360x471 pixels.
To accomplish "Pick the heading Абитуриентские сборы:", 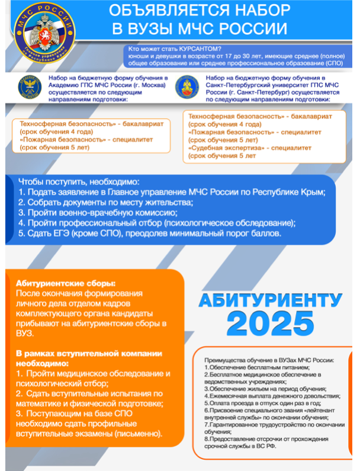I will click(x=66, y=284).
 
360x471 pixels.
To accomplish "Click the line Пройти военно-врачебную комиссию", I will click(x=98, y=212).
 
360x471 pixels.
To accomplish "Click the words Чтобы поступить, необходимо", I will click(x=79, y=181).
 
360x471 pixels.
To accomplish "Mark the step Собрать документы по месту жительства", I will click(x=107, y=201).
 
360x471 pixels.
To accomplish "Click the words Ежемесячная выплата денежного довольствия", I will click(x=272, y=395).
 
